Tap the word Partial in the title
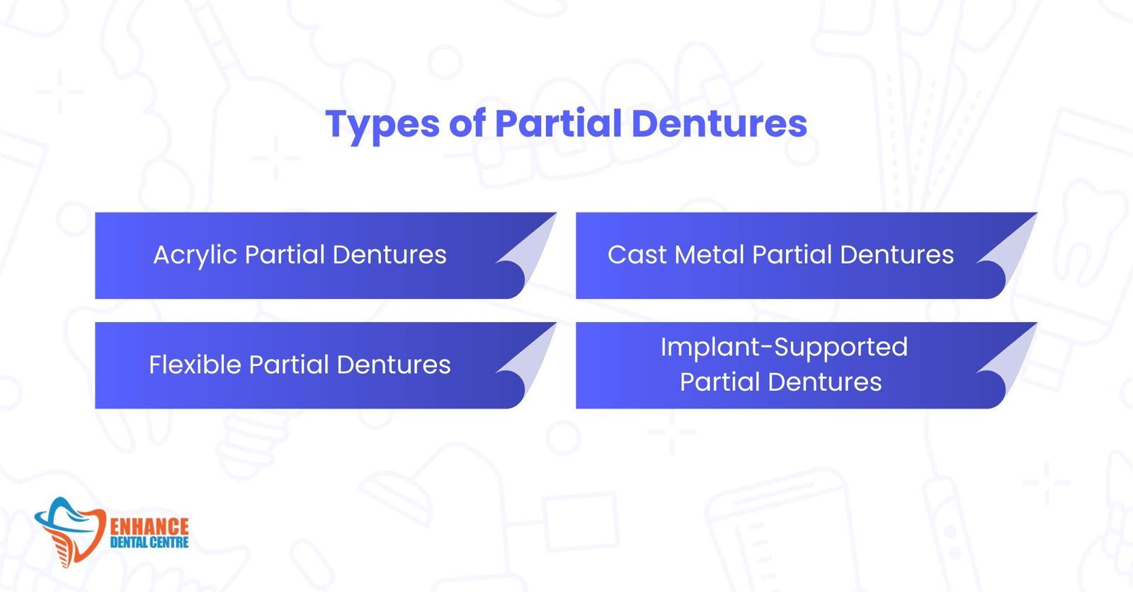[559, 123]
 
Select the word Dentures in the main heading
[719, 123]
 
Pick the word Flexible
[194, 364]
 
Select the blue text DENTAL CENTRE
[149, 542]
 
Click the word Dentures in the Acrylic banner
[389, 254]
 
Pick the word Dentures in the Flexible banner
[394, 364]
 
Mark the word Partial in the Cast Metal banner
[792, 254]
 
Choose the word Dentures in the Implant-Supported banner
[825, 382]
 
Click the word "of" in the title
[467, 123]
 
